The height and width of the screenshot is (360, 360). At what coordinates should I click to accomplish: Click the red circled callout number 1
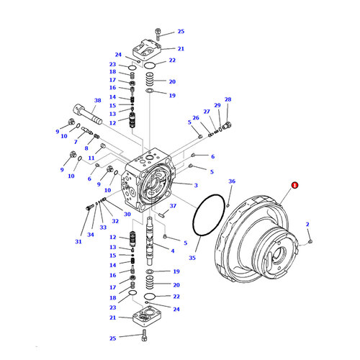(294, 185)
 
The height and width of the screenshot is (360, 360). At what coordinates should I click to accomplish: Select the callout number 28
(228, 99)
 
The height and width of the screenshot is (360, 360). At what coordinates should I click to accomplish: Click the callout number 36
(231, 182)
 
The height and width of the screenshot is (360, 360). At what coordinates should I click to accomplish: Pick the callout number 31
(78, 241)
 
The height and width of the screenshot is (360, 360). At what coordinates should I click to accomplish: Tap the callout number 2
(307, 225)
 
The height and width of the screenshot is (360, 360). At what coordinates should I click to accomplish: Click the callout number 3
(196, 185)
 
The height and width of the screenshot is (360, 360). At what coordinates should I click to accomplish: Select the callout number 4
(172, 250)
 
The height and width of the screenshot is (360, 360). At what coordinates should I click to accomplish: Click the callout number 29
(217, 105)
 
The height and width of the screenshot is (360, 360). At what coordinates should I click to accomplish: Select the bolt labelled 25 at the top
(158, 32)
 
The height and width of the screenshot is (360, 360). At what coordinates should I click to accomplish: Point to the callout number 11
(91, 157)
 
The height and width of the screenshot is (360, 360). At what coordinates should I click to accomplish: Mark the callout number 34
(91, 234)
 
